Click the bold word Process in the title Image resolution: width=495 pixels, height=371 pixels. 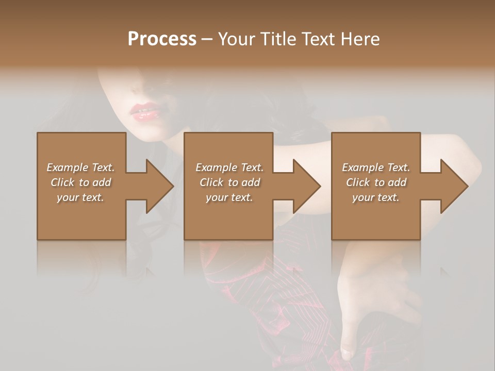(162, 39)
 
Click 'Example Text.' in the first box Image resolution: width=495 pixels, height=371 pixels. (80, 167)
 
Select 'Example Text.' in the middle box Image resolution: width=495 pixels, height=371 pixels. (229, 167)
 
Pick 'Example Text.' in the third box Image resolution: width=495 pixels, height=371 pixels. (376, 167)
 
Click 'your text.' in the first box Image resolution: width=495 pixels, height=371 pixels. (80, 197)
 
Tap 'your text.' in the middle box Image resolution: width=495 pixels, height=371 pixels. (229, 197)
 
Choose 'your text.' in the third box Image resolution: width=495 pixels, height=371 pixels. (376, 197)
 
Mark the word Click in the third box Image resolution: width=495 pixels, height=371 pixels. (358, 182)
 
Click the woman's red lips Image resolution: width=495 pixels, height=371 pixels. (146, 111)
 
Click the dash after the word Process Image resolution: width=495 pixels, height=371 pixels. (207, 40)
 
